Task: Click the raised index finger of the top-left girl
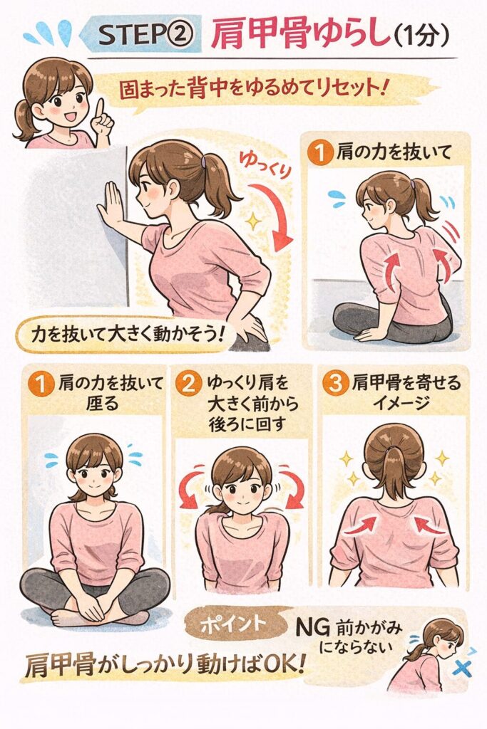tap(100, 109)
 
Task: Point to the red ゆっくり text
tap(265, 165)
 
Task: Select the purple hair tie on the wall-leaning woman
tap(203, 162)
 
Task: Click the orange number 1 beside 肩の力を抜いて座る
tap(42, 385)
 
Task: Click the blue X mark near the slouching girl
tap(462, 668)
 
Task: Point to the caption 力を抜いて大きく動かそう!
tap(124, 334)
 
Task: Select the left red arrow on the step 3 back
tap(360, 526)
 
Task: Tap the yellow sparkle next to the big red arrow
tap(252, 221)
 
